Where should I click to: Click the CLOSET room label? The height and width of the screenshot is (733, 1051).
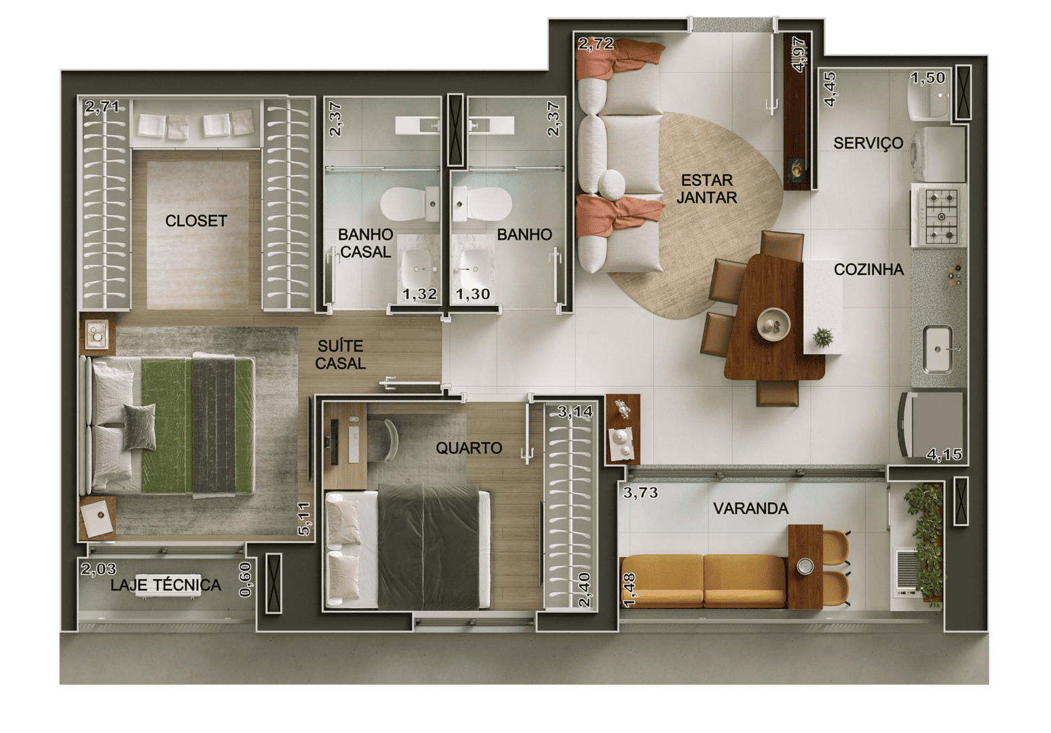pyautogui.click(x=196, y=221)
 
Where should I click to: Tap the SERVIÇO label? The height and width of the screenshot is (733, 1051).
pyautogui.click(x=868, y=143)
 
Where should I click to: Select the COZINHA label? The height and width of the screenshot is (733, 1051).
pyautogui.click(x=868, y=269)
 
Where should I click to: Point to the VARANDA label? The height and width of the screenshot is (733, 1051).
pyautogui.click(x=750, y=508)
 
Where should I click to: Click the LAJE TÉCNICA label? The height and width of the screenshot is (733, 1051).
pyautogui.click(x=166, y=585)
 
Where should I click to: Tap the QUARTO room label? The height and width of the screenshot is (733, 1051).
pyautogui.click(x=469, y=448)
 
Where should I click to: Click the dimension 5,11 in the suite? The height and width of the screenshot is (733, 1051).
pyautogui.click(x=303, y=519)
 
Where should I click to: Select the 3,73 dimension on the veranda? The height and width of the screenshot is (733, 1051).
pyautogui.click(x=641, y=493)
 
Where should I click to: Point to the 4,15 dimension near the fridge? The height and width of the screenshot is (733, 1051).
pyautogui.click(x=944, y=454)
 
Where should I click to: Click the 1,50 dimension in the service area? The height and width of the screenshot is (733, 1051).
pyautogui.click(x=928, y=78)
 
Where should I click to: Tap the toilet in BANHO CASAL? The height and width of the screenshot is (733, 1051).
pyautogui.click(x=409, y=204)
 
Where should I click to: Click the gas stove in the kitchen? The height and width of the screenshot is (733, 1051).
pyautogui.click(x=939, y=216)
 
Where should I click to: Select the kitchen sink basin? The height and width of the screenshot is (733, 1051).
pyautogui.click(x=938, y=350)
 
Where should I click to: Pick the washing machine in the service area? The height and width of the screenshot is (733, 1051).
pyautogui.click(x=938, y=153)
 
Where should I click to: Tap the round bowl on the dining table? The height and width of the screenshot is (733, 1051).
pyautogui.click(x=773, y=324)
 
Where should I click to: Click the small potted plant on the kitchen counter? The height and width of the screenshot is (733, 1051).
pyautogui.click(x=823, y=337)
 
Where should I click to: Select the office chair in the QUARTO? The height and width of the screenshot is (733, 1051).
pyautogui.click(x=383, y=440)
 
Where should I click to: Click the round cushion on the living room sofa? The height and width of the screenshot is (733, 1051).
pyautogui.click(x=611, y=184)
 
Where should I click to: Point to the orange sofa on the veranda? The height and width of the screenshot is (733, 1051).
pyautogui.click(x=703, y=581)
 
